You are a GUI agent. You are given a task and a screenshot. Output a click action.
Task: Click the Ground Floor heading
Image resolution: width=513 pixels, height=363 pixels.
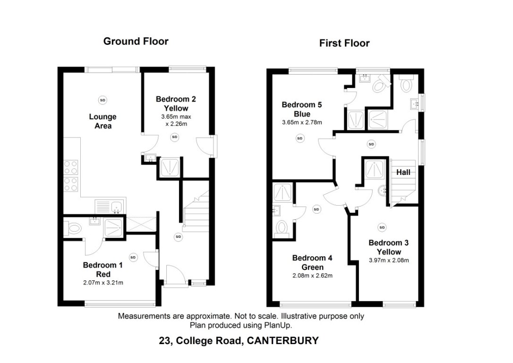click(x=136, y=41)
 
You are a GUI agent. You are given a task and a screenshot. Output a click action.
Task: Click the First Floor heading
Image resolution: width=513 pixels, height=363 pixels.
click(x=344, y=43)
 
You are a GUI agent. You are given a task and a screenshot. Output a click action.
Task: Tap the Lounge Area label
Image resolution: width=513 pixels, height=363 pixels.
click(x=103, y=121)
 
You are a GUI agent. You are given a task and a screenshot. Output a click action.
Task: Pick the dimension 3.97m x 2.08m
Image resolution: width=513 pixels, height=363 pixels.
click(x=388, y=260)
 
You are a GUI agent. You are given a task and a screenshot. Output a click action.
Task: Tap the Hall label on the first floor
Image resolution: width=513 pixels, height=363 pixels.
click(x=403, y=173)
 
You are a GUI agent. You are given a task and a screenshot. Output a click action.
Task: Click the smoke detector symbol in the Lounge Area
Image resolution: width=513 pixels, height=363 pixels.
click(x=103, y=99)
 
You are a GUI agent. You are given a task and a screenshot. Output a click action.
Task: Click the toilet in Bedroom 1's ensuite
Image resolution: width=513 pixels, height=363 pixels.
click(x=73, y=229)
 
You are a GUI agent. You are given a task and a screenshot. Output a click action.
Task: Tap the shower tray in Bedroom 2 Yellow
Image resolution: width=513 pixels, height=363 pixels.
click(x=169, y=167)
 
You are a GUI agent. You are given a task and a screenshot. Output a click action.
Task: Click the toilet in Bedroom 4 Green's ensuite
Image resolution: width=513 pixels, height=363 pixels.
click(x=282, y=228)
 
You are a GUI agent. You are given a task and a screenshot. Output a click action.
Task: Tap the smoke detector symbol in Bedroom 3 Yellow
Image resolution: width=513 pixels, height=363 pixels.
click(x=382, y=227)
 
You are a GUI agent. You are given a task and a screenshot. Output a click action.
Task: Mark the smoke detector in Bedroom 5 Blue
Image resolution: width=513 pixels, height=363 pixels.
click(x=299, y=138)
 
